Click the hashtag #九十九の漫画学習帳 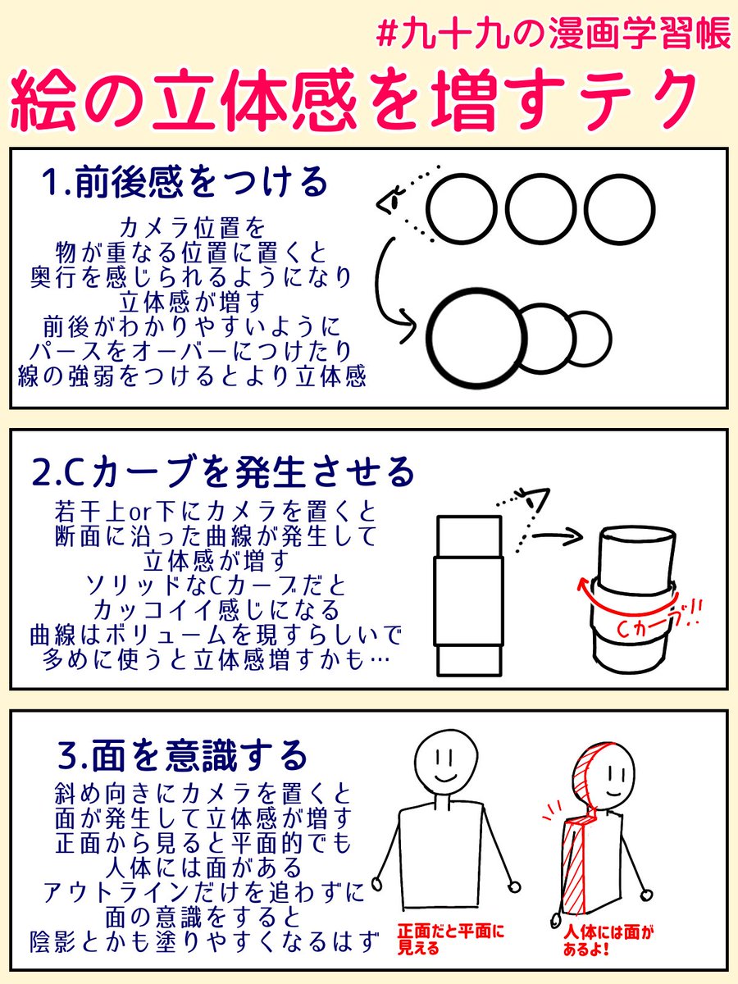point(553,34)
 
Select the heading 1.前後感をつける point(184,183)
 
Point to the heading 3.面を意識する point(182,755)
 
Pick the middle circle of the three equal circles point(541,210)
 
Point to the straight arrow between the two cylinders point(558,535)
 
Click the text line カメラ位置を point(193,229)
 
